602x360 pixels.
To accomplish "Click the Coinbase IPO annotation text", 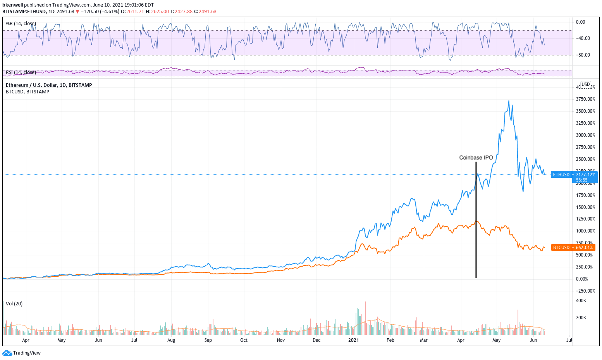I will (476, 158).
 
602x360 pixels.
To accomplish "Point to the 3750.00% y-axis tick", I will (585, 99).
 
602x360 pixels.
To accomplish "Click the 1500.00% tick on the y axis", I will (585, 207).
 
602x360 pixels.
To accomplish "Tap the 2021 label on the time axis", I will (353, 340).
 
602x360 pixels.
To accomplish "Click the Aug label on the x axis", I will (171, 340).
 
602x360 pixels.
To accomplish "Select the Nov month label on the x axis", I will (281, 340).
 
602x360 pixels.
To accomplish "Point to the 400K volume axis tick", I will (581, 301).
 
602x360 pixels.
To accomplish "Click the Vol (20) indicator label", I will (14, 304).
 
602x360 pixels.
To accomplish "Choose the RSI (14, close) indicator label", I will (21, 72).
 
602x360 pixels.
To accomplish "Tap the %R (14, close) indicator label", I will (21, 24).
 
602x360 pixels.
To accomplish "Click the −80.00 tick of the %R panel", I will (583, 55).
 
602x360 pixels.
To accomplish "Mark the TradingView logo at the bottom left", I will (22, 353).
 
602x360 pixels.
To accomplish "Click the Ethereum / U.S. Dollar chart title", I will (49, 85).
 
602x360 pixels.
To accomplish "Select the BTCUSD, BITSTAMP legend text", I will (28, 92).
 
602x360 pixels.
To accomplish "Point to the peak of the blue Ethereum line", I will (509, 101).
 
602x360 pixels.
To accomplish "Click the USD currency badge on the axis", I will (585, 84).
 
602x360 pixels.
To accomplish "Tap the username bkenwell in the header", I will (13, 5).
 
